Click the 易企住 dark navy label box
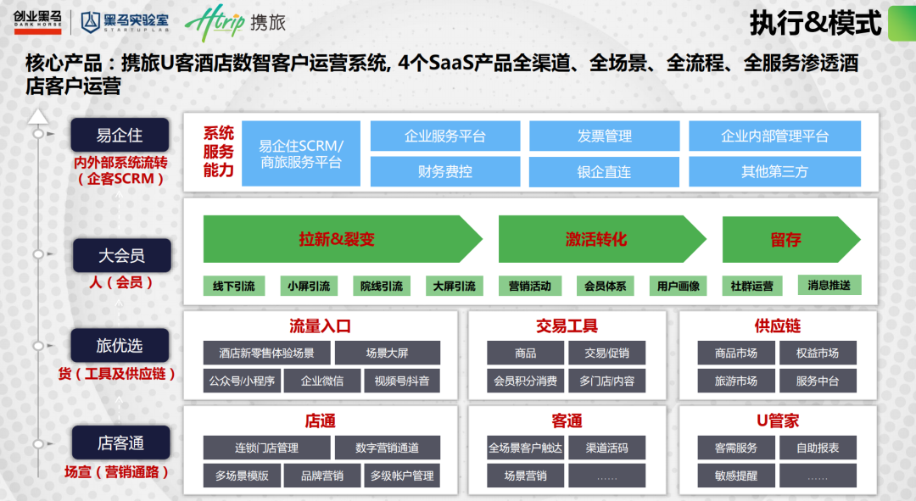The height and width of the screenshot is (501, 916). point(120,136)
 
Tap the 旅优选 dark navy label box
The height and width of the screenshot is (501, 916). point(120,345)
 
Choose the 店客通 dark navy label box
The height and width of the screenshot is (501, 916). point(120,443)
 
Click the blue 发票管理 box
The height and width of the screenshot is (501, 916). point(604,136)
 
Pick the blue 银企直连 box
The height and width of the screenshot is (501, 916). point(604,171)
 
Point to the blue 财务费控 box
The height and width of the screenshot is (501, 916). point(444,171)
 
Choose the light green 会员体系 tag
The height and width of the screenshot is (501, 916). point(605,287)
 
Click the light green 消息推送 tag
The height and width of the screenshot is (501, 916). point(829,285)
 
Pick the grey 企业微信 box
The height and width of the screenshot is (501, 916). point(322,381)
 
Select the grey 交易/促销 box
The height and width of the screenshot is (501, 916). point(606,353)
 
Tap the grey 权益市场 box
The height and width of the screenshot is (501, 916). point(818,353)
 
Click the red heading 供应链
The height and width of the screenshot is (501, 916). point(777,326)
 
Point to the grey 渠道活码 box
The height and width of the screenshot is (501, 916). point(606,448)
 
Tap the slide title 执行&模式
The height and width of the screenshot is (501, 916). point(815,23)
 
